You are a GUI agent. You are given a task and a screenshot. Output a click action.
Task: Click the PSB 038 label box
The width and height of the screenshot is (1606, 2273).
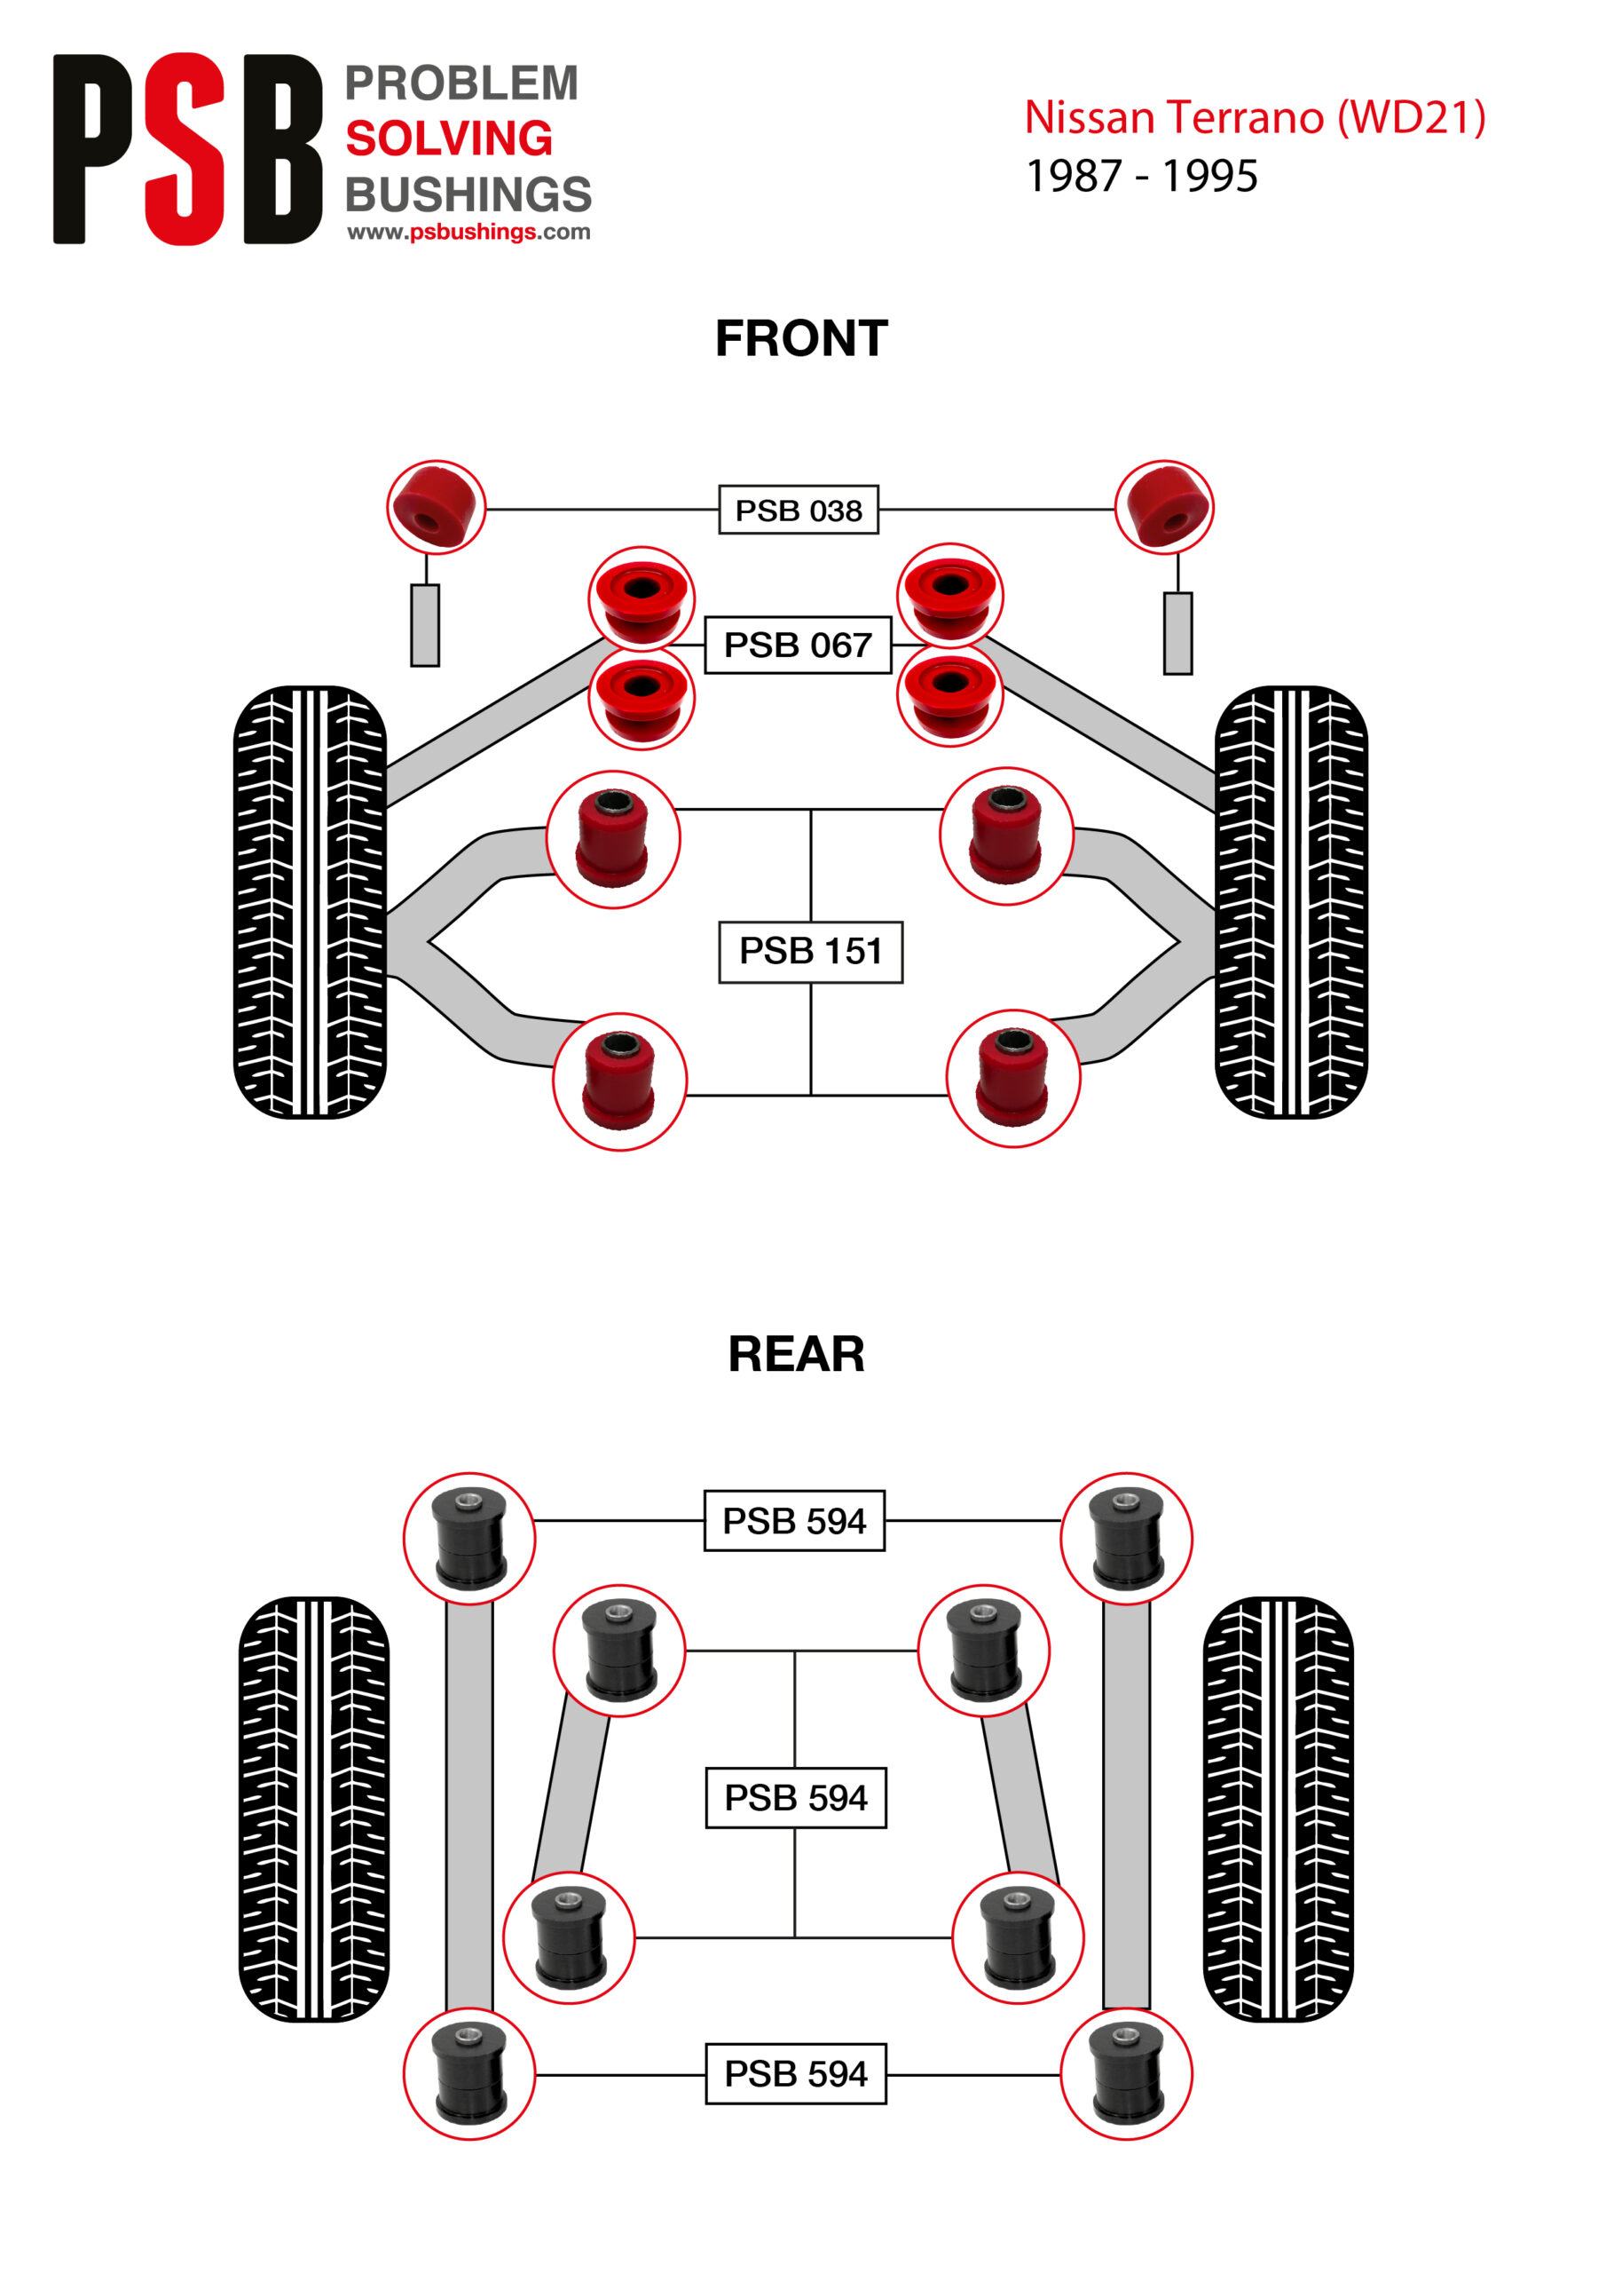click(798, 510)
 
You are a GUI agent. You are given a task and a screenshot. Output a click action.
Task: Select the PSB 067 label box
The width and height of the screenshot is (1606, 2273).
click(798, 645)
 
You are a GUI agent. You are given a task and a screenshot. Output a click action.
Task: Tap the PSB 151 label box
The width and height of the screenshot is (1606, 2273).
click(809, 951)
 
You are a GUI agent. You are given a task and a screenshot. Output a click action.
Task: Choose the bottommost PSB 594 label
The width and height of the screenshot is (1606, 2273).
click(796, 2074)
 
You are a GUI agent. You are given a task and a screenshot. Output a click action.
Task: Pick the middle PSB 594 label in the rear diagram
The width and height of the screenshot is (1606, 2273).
click(796, 1798)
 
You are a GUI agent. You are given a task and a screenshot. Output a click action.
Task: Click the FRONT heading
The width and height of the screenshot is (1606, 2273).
click(801, 338)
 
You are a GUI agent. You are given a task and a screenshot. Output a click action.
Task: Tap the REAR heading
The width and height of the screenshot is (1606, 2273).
click(796, 1354)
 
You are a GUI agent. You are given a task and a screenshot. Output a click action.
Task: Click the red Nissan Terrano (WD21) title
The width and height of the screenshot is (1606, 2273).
click(1255, 118)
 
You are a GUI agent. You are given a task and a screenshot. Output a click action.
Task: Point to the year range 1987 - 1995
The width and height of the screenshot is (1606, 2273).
click(1142, 176)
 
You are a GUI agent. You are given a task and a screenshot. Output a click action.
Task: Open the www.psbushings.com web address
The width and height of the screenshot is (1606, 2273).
click(468, 232)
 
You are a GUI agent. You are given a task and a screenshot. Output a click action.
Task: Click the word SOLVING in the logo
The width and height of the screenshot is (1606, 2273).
click(449, 139)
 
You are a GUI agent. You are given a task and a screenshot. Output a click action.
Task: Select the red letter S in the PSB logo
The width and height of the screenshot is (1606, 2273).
click(185, 148)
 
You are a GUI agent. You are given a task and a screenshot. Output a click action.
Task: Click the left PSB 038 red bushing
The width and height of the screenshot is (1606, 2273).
click(436, 507)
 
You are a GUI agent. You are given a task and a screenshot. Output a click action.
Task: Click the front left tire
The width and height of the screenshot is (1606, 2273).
click(310, 902)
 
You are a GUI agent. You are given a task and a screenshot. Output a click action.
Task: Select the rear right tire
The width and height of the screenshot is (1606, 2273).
click(1278, 1809)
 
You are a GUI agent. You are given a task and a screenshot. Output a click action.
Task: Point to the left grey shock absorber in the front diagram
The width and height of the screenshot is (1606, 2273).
click(426, 625)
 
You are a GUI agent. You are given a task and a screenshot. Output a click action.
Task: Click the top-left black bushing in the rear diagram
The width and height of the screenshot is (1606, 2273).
click(469, 1539)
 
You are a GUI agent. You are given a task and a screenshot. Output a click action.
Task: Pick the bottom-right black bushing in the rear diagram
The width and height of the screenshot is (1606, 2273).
click(1126, 2074)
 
